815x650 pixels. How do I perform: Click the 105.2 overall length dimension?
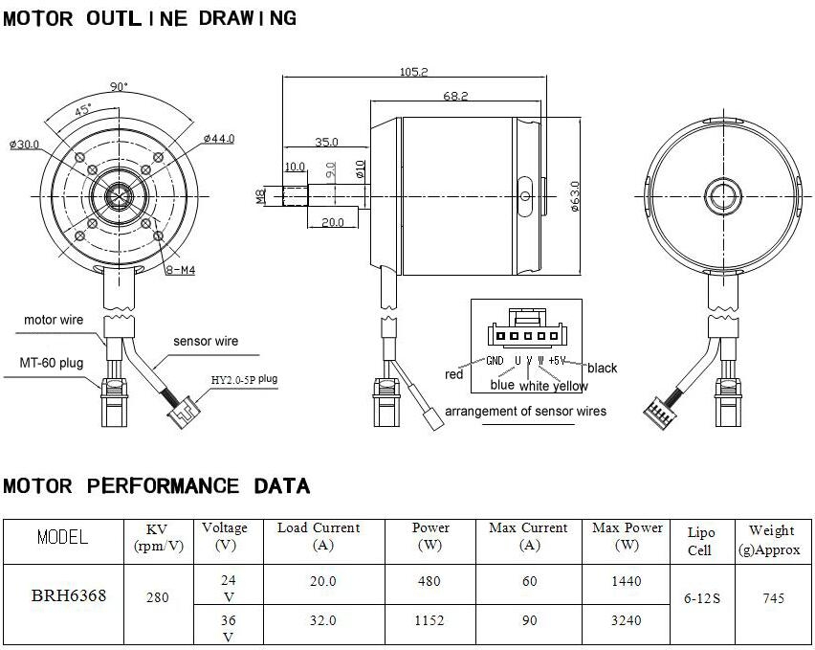[x=412, y=72]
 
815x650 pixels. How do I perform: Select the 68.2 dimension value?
[x=455, y=96]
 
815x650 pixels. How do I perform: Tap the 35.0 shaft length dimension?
[x=326, y=142]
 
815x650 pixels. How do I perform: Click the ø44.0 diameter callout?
[x=218, y=139]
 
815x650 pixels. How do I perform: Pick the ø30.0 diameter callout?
[x=24, y=145]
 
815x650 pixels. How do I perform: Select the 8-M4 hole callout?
[x=180, y=271]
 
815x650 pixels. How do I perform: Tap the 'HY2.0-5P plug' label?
[x=244, y=380]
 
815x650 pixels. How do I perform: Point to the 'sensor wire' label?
[x=206, y=341]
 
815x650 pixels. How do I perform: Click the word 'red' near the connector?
[x=454, y=374]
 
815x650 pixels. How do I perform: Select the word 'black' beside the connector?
[x=602, y=368]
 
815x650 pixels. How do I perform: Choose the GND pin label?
[x=495, y=361]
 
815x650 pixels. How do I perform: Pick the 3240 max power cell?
[x=628, y=620]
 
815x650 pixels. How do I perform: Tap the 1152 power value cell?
[x=430, y=620]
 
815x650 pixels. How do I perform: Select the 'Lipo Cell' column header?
[x=700, y=541]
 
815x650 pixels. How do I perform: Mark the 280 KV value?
[x=158, y=598]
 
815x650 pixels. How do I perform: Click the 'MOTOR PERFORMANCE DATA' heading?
[x=157, y=486]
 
